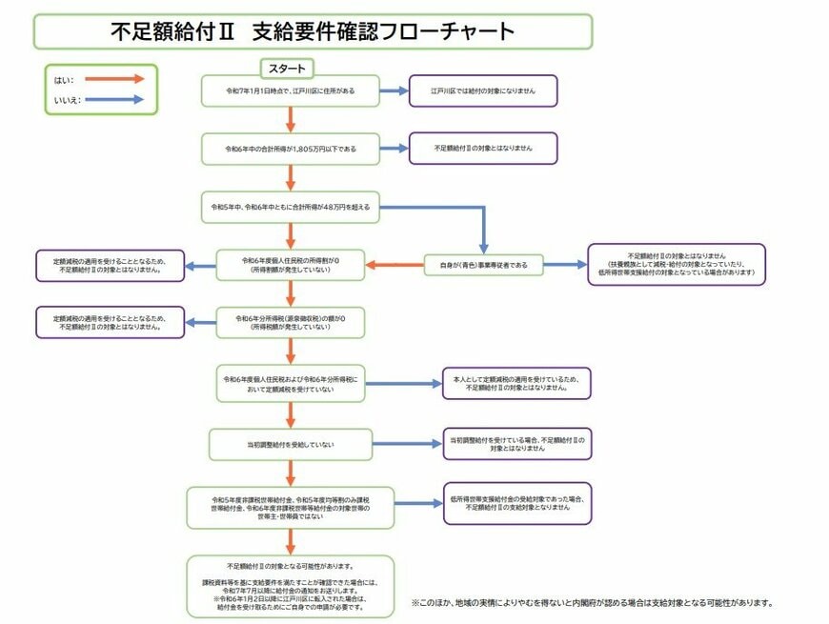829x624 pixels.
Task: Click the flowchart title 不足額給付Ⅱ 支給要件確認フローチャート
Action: click(312, 30)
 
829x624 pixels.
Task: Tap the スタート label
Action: click(287, 69)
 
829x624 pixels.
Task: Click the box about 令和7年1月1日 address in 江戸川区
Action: click(290, 91)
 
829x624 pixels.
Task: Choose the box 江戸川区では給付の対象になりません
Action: click(482, 91)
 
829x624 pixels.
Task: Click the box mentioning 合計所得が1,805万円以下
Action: click(290, 149)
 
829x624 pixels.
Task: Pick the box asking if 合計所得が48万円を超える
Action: click(290, 206)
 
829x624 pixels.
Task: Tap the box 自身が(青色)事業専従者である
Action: click(483, 264)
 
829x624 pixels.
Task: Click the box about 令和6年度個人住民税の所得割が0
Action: click(290, 264)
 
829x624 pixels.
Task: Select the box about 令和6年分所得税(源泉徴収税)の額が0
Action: click(290, 321)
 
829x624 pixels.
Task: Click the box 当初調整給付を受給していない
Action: click(290, 443)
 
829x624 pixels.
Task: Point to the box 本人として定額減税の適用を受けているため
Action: click(516, 384)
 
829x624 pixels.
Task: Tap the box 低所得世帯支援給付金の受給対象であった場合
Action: click(516, 503)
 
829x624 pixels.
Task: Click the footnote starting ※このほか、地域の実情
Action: click(591, 603)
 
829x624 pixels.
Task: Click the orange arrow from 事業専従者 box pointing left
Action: click(394, 264)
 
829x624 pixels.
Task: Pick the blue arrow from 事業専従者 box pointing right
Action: click(564, 264)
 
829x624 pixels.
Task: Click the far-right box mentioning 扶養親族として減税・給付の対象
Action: click(676, 264)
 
